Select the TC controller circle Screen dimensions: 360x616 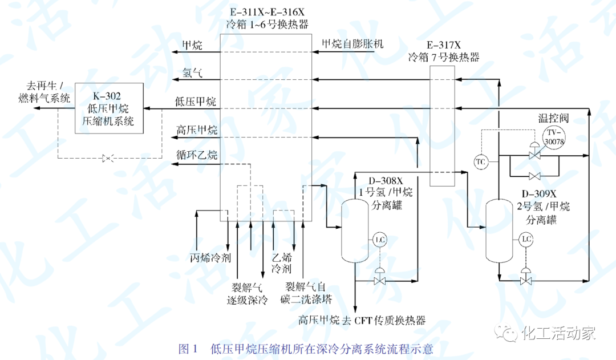pos(481,161)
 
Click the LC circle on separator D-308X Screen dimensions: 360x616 pos(379,240)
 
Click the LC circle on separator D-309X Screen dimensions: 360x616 pos(526,240)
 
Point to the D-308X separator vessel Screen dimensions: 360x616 pos(355,228)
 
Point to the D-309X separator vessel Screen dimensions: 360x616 pos(500,231)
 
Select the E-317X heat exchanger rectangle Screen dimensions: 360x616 pos(442,126)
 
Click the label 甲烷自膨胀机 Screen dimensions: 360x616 pos(353,43)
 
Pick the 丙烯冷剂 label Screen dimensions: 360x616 pos(210,257)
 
